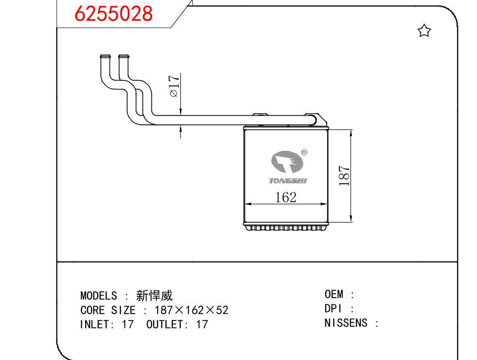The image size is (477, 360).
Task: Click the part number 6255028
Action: click(x=114, y=14)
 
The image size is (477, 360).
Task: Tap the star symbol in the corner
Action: click(x=424, y=31)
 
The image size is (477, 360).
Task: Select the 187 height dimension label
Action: click(x=344, y=176)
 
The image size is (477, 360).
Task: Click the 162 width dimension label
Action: click(x=285, y=197)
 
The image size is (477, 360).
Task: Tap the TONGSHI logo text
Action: click(x=288, y=181)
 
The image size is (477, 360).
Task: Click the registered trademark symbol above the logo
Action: click(x=304, y=153)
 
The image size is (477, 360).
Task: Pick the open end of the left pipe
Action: click(x=105, y=57)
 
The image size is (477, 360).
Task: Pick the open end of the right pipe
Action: click(x=123, y=57)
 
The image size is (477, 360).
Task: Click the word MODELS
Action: click(x=98, y=296)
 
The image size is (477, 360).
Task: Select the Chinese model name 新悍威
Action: click(x=154, y=295)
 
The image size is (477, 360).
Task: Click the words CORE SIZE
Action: click(x=107, y=310)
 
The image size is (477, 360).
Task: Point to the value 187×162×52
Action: click(x=191, y=310)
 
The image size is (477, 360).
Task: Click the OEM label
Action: click(x=334, y=294)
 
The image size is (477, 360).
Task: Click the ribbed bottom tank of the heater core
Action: click(x=285, y=227)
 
